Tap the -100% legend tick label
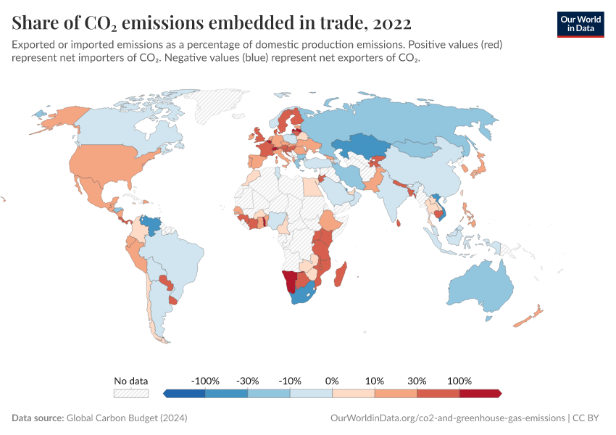(x=205, y=381)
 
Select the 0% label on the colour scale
(x=332, y=381)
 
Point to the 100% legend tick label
(x=459, y=381)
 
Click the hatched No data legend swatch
(x=131, y=394)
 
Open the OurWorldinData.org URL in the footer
(x=447, y=418)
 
